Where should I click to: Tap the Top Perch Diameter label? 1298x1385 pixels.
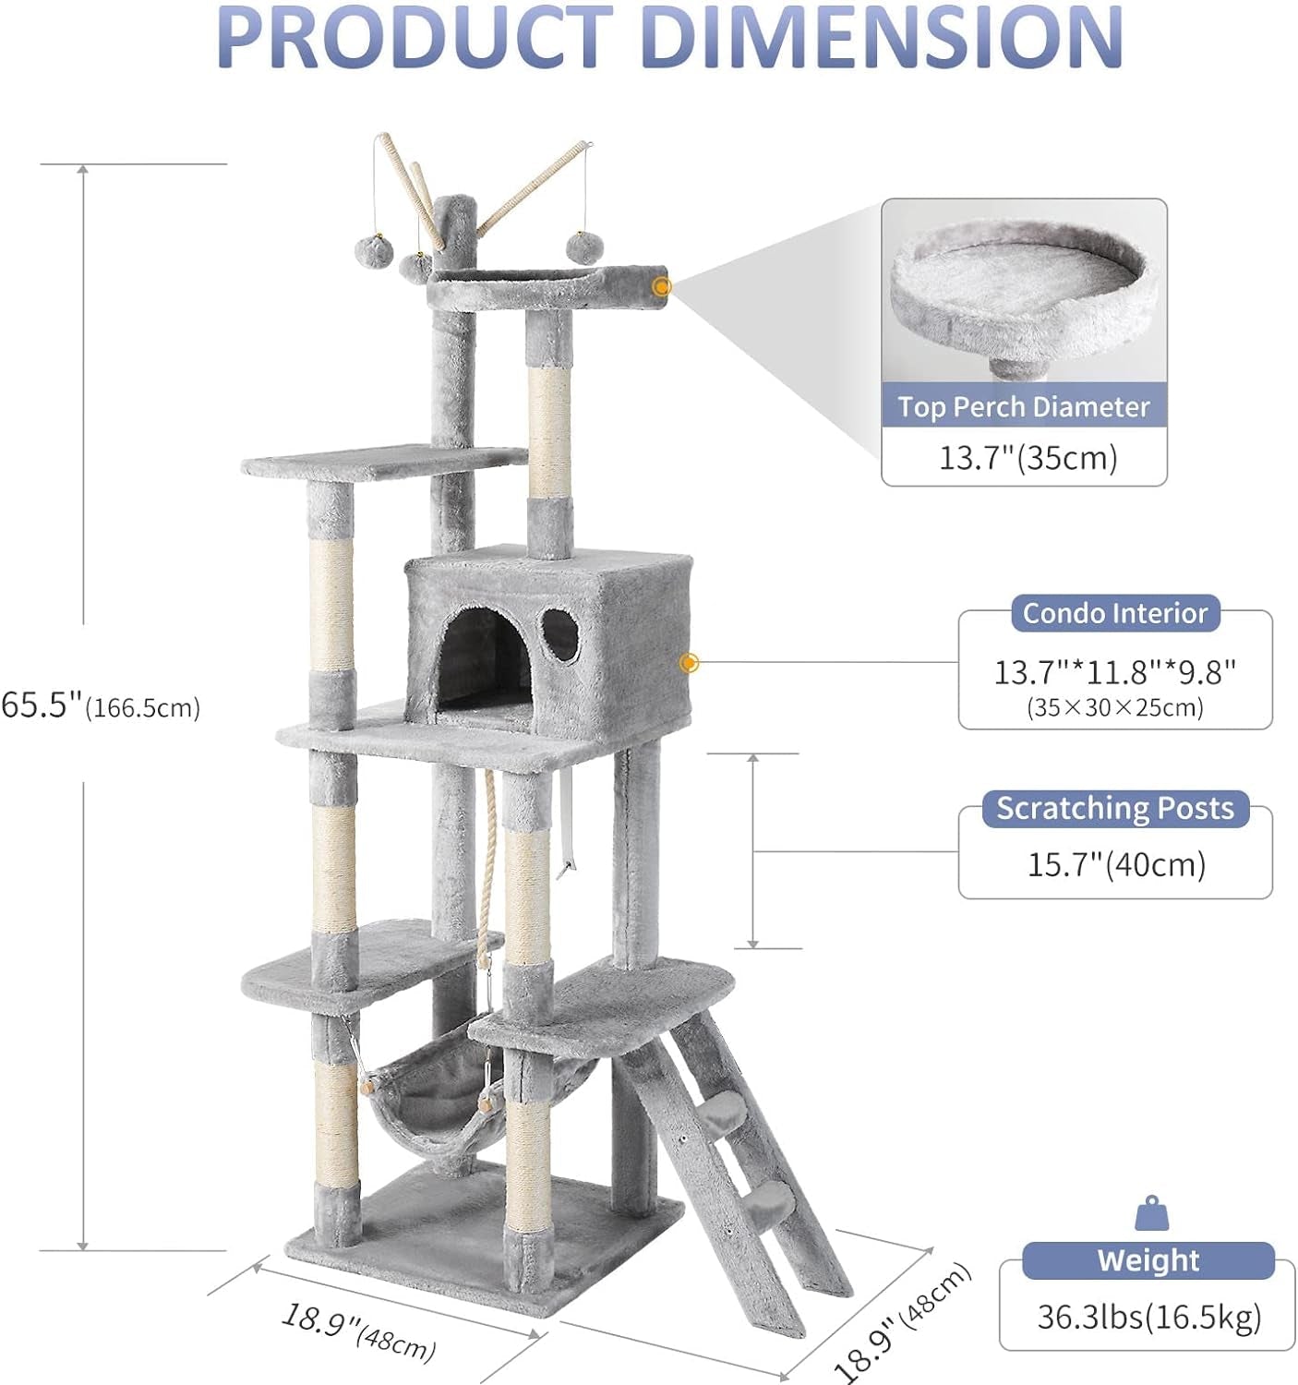point(1024,407)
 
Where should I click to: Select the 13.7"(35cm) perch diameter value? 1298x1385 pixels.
point(1028,457)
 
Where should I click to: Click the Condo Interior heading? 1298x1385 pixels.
point(1115,614)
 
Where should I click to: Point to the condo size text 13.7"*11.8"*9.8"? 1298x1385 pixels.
point(1114,672)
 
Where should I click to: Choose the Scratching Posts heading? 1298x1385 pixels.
point(1114,809)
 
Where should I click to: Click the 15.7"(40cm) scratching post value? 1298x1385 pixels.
point(1116,865)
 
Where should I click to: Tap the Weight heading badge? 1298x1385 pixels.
point(1148,1260)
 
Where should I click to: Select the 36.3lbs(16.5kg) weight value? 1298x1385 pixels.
point(1148,1318)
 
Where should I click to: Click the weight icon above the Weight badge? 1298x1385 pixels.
point(1151,1214)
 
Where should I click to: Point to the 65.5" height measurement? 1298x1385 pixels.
point(42,705)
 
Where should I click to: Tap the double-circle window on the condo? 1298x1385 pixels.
point(560,635)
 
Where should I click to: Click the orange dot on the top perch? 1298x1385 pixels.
point(661,287)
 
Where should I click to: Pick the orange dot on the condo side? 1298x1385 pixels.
point(688,663)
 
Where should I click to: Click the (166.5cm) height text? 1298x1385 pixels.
point(143,709)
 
